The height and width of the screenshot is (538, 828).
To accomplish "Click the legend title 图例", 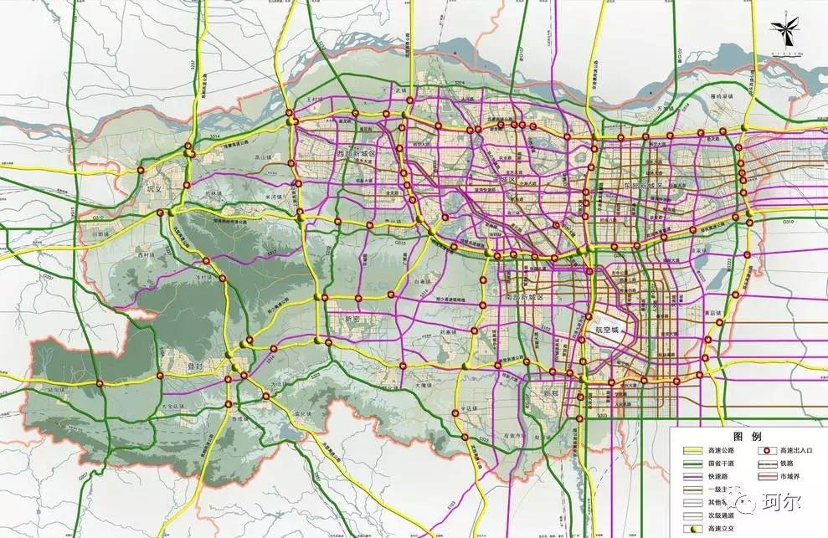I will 748,437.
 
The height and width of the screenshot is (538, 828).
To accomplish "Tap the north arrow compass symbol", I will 787,32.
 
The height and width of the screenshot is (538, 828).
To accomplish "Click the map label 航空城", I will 609,330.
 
